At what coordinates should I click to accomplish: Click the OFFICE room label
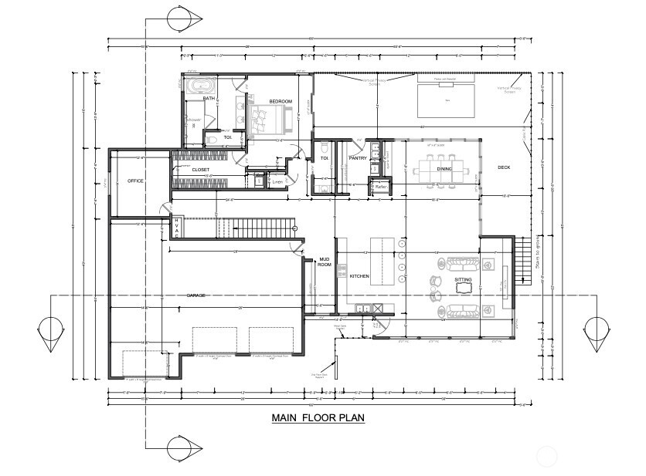135,181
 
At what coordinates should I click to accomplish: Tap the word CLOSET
200,169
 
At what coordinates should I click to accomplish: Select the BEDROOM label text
280,102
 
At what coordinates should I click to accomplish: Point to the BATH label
209,99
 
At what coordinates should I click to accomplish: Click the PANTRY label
357,157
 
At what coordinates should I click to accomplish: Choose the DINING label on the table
444,168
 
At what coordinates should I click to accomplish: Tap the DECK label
504,167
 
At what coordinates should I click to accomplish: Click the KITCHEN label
359,275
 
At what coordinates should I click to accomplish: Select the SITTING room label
463,279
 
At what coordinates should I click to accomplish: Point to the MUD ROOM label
324,263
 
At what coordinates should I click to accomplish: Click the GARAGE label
197,295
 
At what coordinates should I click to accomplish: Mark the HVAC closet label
176,228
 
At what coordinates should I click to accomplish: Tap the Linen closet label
277,182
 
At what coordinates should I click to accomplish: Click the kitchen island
382,261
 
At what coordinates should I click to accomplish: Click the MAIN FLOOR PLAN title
318,419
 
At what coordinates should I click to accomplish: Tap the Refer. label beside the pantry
380,186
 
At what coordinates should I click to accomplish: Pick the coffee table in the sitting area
464,289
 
